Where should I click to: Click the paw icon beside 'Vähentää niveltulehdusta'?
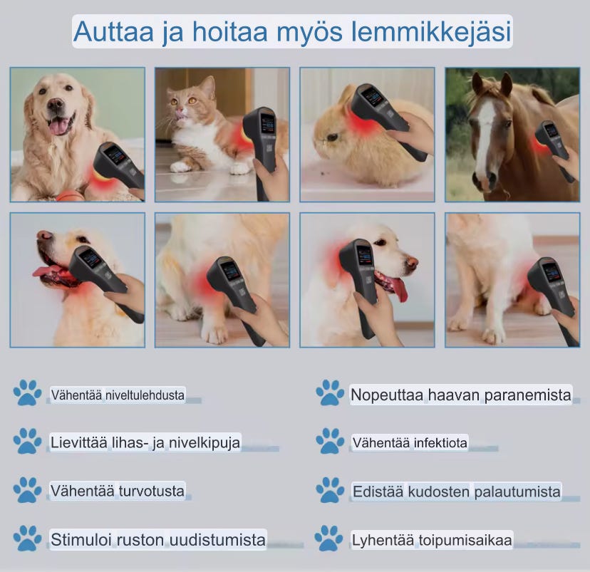click(28, 394)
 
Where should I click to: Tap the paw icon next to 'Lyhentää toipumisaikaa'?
click(330, 539)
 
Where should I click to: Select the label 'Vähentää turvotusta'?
click(118, 491)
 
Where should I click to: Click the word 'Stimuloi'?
click(78, 539)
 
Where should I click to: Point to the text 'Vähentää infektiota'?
click(410, 443)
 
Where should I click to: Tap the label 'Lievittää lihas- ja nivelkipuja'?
click(145, 442)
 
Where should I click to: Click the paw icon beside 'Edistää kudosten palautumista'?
click(330, 491)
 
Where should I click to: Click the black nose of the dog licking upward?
click(43, 234)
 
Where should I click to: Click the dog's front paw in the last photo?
click(492, 333)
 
